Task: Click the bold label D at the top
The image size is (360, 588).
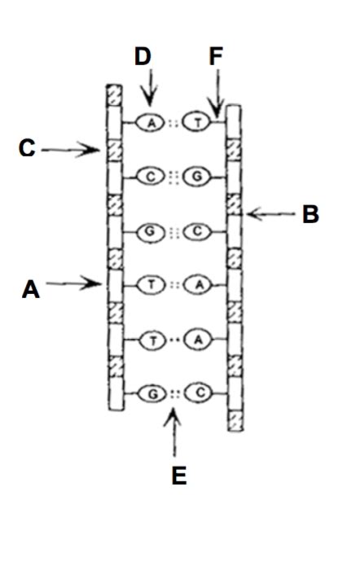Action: [x=143, y=56]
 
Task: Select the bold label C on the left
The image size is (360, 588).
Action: [x=28, y=148]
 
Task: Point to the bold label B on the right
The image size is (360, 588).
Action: [x=310, y=214]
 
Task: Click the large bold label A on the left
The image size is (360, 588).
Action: [x=30, y=288]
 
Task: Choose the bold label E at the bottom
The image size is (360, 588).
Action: [x=179, y=475]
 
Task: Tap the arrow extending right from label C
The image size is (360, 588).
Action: [x=68, y=149]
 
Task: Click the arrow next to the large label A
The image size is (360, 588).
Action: [x=73, y=284]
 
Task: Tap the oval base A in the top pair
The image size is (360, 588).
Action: [x=150, y=122]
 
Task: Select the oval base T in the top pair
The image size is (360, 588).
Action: [x=196, y=122]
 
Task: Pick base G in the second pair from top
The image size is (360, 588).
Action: [x=196, y=176]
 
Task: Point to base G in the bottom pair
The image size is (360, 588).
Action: [x=151, y=393]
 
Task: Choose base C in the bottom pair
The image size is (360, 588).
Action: [x=198, y=393]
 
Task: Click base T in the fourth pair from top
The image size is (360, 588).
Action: [x=151, y=284]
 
